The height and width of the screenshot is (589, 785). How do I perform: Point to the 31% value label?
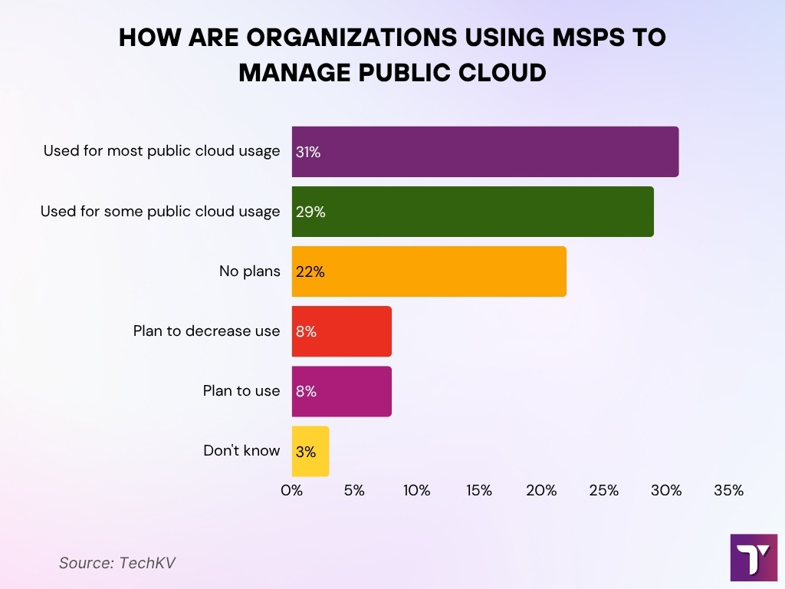[307, 152]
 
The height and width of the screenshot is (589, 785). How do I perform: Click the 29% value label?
[310, 212]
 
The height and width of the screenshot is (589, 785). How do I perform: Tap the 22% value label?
[310, 271]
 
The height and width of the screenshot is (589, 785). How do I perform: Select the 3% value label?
[305, 452]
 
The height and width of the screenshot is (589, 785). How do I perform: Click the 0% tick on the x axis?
[292, 490]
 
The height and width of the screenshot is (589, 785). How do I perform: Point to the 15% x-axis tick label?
[478, 490]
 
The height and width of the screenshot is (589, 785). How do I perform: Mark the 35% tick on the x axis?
[728, 490]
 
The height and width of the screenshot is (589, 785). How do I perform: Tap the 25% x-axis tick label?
[603, 490]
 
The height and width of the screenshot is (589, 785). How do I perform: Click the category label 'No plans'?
[250, 271]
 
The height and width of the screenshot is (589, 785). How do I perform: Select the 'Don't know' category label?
[241, 451]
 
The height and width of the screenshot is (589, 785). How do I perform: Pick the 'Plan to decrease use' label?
[206, 331]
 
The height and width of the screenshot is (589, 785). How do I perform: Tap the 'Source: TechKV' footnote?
[117, 562]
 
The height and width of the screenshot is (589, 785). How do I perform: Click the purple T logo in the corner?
[754, 558]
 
